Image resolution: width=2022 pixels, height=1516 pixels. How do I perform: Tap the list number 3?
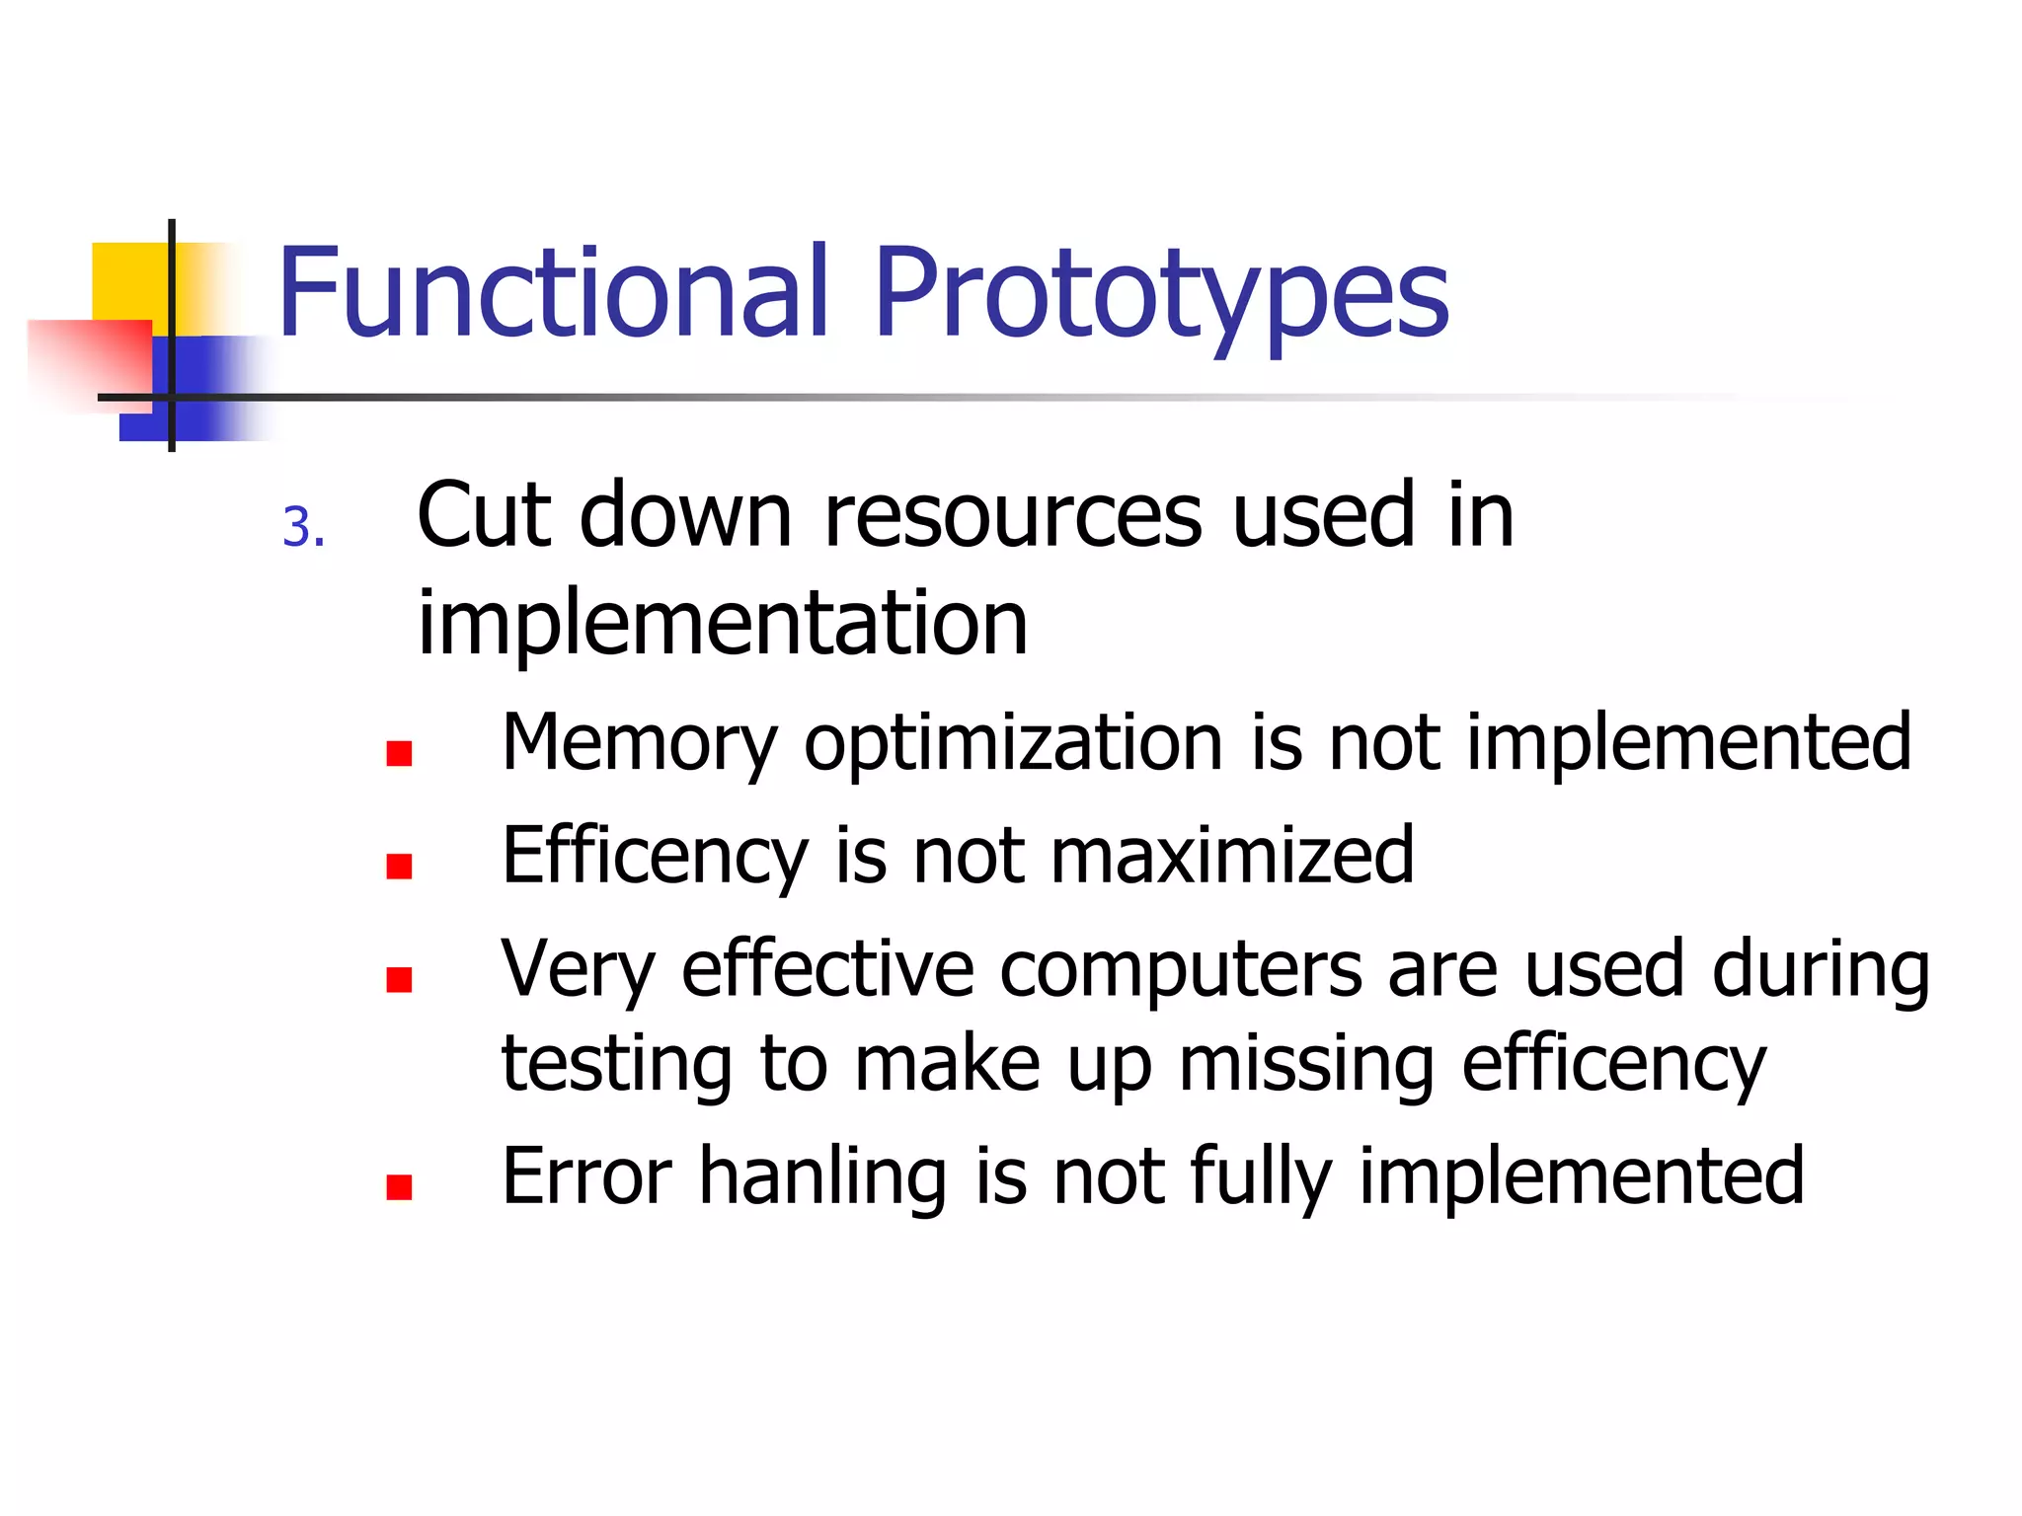[x=302, y=527]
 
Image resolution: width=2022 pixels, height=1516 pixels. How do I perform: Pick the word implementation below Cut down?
[x=723, y=624]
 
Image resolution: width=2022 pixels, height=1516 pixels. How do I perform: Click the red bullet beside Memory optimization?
[x=399, y=754]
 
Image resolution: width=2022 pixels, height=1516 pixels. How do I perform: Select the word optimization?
[x=1013, y=746]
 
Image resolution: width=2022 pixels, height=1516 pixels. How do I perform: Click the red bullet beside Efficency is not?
[x=399, y=867]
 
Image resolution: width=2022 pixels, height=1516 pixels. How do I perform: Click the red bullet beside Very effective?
[x=399, y=979]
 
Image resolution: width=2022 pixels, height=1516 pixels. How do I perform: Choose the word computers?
[x=1181, y=971]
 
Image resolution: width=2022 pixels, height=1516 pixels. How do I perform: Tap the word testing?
[x=616, y=1066]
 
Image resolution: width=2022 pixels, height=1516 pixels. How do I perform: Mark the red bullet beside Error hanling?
[x=399, y=1187]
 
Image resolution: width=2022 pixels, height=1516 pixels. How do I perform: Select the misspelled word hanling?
[x=823, y=1176]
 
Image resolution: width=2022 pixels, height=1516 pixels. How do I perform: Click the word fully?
[x=1260, y=1178]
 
